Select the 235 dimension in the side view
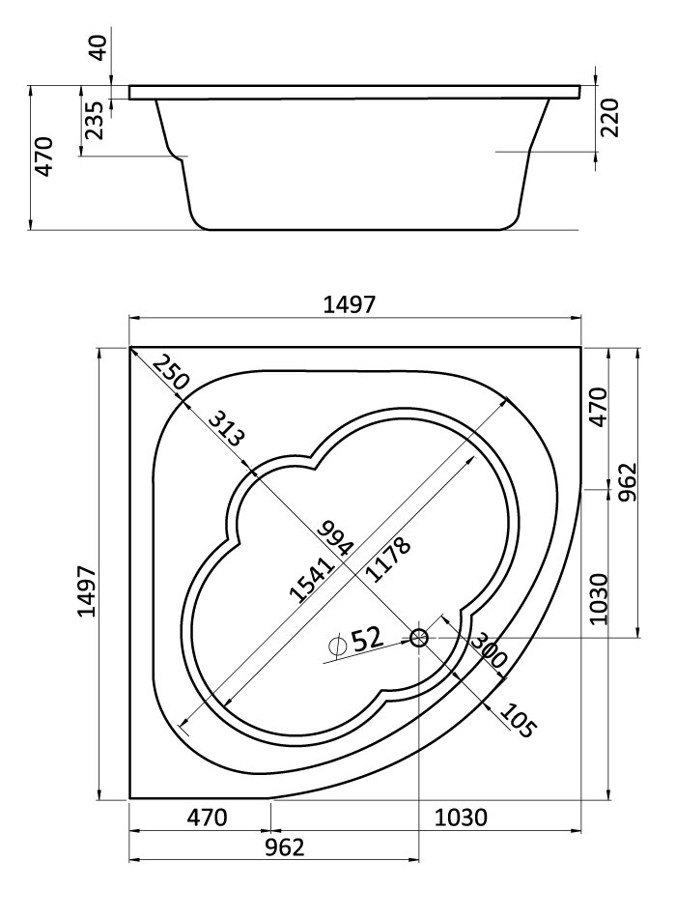[94, 120]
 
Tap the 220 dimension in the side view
[609, 117]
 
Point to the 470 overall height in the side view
[43, 156]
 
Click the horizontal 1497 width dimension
[350, 304]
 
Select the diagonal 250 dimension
[171, 373]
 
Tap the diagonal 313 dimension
[225, 429]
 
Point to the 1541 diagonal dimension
[312, 580]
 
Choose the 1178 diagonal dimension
[387, 560]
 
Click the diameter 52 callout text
[355, 640]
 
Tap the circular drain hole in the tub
[419, 637]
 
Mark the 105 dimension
[518, 720]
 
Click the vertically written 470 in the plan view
[599, 408]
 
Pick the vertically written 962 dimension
[627, 482]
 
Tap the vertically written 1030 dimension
[600, 598]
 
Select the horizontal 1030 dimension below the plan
[461, 817]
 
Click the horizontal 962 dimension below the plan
[285, 847]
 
